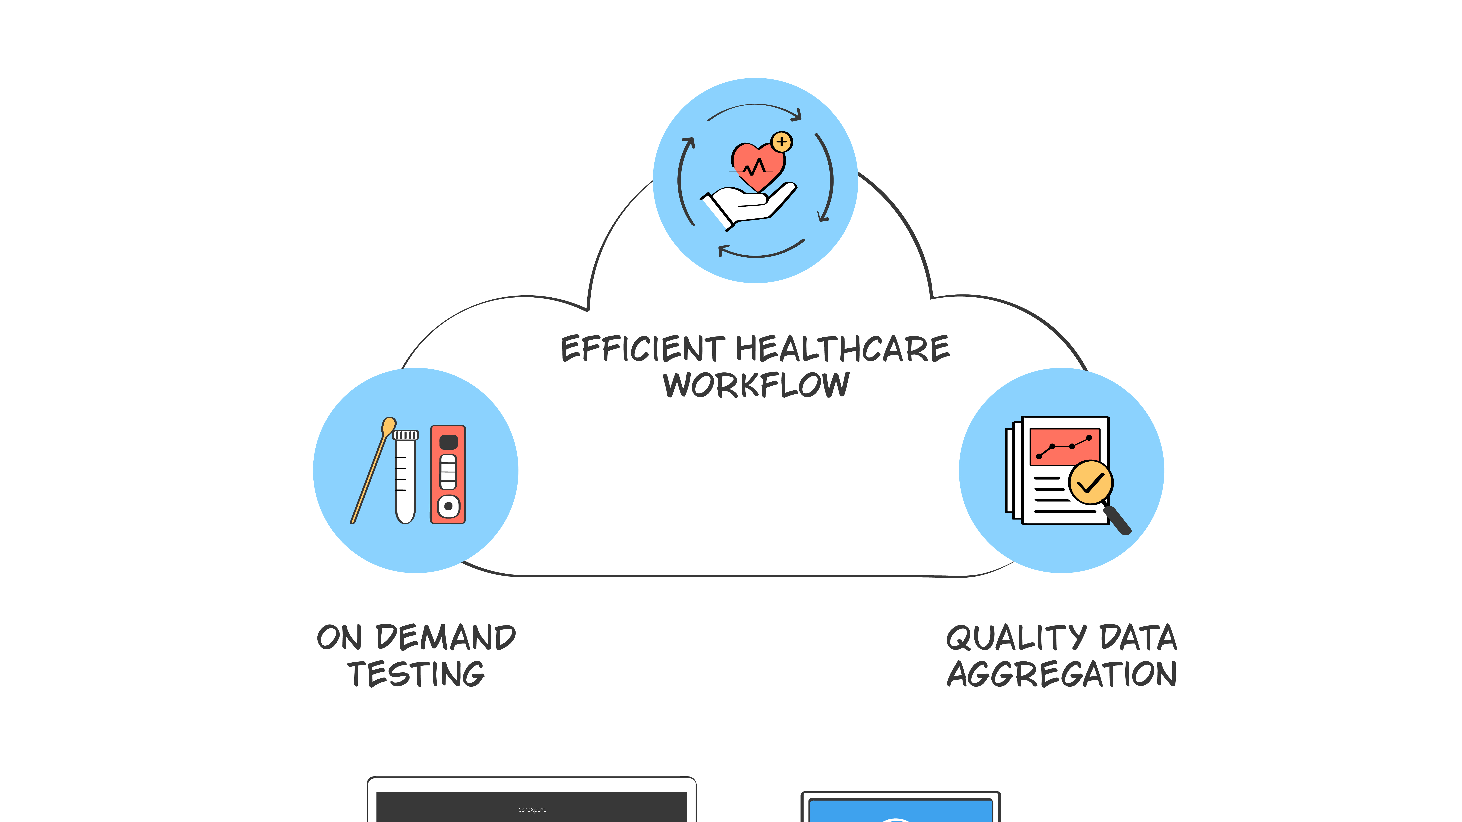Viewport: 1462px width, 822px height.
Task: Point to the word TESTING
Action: [416, 674]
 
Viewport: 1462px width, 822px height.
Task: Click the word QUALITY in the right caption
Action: [1016, 638]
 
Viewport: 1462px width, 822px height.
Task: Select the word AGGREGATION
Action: [1061, 674]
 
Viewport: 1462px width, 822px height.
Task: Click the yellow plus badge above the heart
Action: [781, 141]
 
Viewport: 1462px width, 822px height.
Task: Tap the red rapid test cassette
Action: [448, 474]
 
